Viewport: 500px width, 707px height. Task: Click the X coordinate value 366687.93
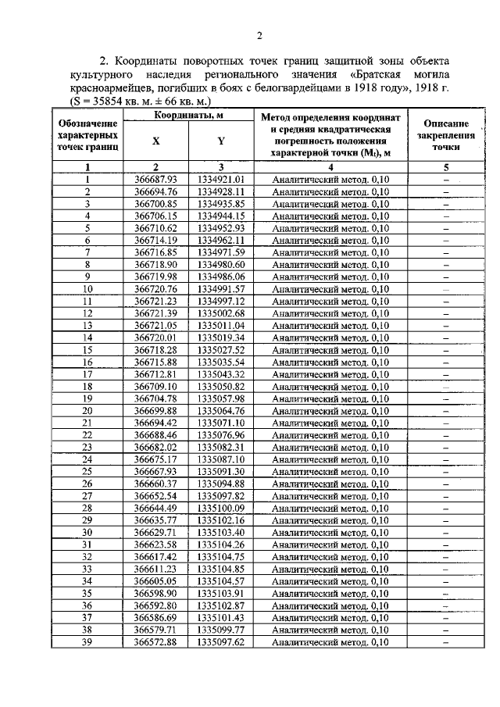pyautogui.click(x=156, y=179)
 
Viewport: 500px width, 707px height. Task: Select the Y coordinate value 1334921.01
pyautogui.click(x=221, y=179)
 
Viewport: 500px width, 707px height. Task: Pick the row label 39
pyautogui.click(x=87, y=642)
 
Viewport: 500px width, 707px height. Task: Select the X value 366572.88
pyautogui.click(x=156, y=642)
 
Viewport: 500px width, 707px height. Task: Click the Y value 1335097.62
pyautogui.click(x=221, y=642)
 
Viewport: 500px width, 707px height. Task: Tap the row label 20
pyautogui.click(x=87, y=410)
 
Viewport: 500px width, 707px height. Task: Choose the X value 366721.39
pyautogui.click(x=156, y=312)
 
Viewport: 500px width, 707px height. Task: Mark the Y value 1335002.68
pyautogui.click(x=221, y=312)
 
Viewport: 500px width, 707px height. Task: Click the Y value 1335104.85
pyautogui.click(x=221, y=570)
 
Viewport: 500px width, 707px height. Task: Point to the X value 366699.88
pyautogui.click(x=156, y=410)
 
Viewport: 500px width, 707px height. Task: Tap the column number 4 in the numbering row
pyautogui.click(x=330, y=166)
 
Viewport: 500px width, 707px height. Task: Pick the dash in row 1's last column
pyautogui.click(x=445, y=179)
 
